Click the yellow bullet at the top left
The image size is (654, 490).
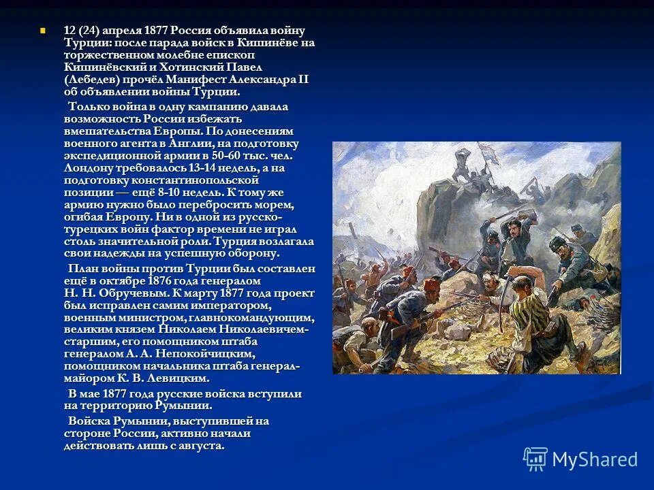click(x=42, y=31)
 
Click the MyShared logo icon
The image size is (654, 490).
click(x=535, y=459)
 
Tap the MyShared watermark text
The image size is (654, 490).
click(x=595, y=459)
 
